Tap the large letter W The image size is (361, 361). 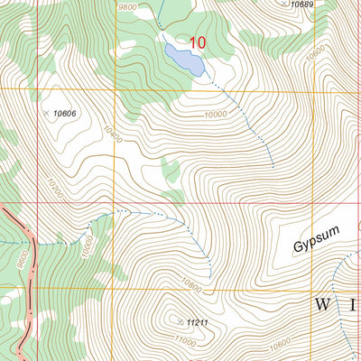click(x=322, y=304)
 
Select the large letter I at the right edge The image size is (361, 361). click(x=354, y=304)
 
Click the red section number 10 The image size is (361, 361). click(x=199, y=42)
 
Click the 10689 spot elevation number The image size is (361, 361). click(x=302, y=5)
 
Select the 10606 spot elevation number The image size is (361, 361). click(x=65, y=113)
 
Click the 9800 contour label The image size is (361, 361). click(x=128, y=7)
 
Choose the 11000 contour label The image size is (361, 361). click(x=184, y=341)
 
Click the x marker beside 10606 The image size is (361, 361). click(x=47, y=113)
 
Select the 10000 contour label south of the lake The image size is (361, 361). click(x=215, y=115)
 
